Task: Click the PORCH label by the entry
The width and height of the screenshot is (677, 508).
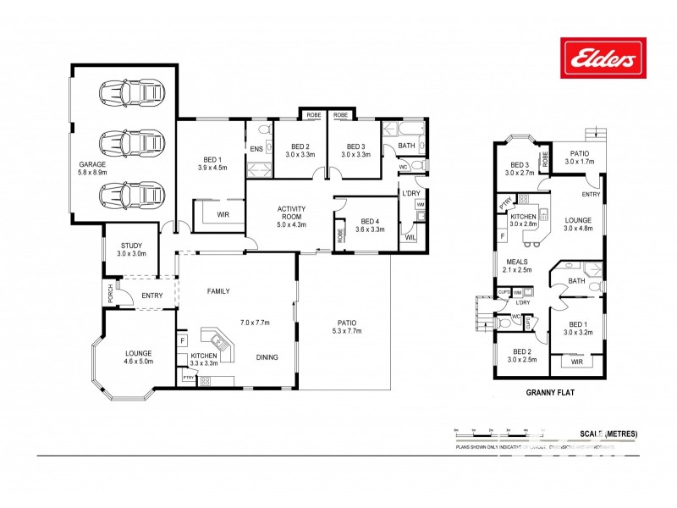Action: click(x=110, y=294)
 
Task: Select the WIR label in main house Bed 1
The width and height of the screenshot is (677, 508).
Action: click(x=223, y=215)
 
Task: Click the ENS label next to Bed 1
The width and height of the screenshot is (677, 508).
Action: click(x=256, y=149)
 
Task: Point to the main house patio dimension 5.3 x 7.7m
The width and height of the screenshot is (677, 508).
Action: click(x=347, y=332)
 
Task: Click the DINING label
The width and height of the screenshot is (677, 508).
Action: click(x=267, y=357)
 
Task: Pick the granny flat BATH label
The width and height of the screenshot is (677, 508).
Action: click(x=577, y=280)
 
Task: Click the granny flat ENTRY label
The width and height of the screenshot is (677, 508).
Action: click(x=591, y=194)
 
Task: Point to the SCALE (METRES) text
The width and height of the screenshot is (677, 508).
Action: click(x=608, y=433)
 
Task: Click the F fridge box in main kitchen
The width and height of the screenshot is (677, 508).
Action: click(x=182, y=341)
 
